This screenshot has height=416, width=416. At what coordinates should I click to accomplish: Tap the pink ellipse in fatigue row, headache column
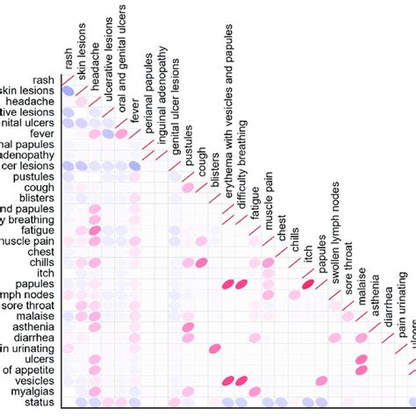click(95, 230)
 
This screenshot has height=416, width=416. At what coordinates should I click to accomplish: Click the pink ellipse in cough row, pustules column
click(187, 188)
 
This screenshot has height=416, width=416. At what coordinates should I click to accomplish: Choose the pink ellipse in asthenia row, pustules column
click(187, 326)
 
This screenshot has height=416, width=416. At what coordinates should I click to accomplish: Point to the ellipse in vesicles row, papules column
click(322, 380)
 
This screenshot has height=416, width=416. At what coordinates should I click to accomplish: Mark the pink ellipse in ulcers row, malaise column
click(361, 359)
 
